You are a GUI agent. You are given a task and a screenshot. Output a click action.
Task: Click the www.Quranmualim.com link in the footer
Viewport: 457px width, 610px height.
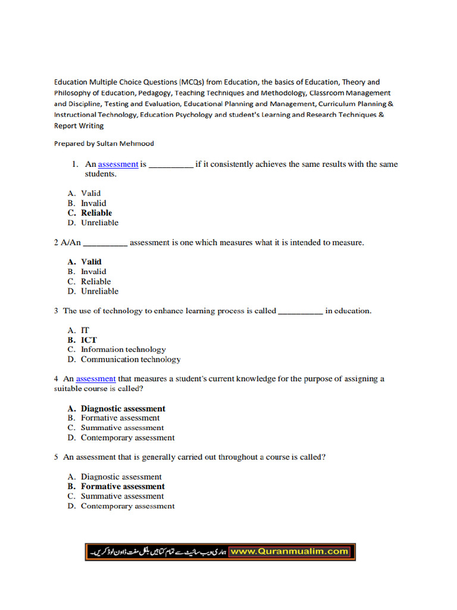tap(289, 552)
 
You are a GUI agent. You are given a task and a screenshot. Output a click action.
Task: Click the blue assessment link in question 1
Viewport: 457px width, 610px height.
tap(118, 164)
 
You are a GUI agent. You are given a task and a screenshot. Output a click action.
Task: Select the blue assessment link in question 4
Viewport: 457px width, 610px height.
tap(96, 379)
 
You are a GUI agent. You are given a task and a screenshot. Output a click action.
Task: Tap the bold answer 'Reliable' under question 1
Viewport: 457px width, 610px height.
tap(96, 213)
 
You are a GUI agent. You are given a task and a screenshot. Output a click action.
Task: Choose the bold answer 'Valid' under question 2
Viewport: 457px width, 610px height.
tap(91, 262)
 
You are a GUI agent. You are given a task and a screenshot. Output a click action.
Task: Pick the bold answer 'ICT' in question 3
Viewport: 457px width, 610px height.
tap(89, 340)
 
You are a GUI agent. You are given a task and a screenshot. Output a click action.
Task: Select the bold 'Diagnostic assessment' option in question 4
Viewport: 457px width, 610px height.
tap(123, 409)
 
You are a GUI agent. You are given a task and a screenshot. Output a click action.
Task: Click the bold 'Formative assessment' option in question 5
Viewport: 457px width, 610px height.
tap(123, 486)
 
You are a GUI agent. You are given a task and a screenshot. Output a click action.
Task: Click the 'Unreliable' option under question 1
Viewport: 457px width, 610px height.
tap(99, 223)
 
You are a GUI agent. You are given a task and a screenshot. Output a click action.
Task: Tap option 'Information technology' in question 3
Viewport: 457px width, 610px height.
tap(123, 350)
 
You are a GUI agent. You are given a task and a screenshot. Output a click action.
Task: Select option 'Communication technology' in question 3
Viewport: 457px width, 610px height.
tap(130, 359)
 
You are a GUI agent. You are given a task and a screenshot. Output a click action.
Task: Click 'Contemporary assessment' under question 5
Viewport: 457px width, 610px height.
tap(127, 506)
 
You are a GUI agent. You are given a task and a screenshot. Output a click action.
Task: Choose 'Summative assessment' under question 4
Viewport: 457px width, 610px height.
tap(122, 428)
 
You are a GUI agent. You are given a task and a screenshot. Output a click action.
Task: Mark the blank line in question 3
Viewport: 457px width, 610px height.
tap(301, 312)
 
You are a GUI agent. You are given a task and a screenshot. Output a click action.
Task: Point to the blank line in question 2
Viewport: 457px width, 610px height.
tap(105, 244)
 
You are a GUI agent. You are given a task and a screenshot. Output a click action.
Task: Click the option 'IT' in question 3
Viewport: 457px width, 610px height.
tap(85, 330)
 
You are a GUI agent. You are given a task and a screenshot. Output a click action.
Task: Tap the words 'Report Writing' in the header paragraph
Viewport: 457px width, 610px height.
tap(79, 126)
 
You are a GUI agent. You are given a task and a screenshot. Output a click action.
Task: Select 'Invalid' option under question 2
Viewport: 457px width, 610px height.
tap(93, 272)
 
